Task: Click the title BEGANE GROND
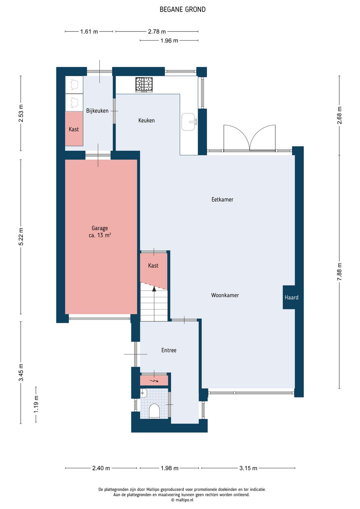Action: click(183, 9)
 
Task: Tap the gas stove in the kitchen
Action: click(144, 84)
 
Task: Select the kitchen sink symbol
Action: click(189, 122)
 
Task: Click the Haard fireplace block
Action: click(291, 297)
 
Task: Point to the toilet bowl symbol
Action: click(154, 411)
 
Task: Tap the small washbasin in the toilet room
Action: click(144, 393)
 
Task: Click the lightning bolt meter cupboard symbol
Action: click(154, 381)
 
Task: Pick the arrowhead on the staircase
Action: click(154, 289)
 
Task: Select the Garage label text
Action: click(100, 228)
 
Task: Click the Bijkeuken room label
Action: click(97, 111)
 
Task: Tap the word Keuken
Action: click(146, 120)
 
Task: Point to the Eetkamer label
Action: click(222, 199)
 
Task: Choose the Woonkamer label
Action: click(225, 295)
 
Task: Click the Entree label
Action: click(169, 350)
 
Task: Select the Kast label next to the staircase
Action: click(153, 266)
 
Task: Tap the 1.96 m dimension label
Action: click(169, 41)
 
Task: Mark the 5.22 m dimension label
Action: click(21, 236)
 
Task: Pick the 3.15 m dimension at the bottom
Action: click(248, 468)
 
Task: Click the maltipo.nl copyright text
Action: click(182, 500)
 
